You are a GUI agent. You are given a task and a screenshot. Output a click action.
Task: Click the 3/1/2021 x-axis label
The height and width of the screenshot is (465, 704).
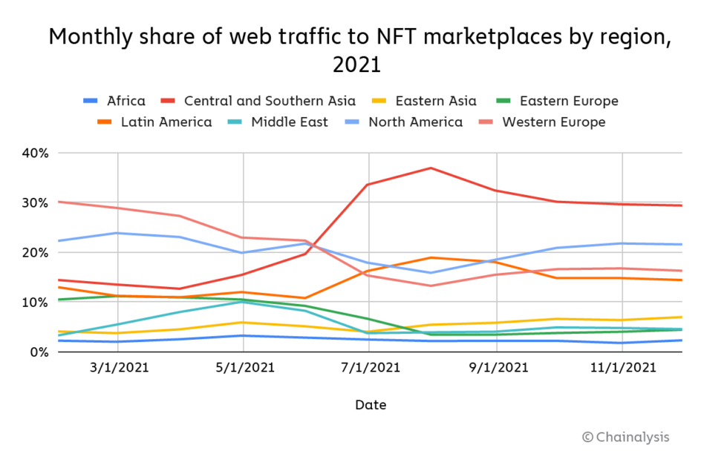tap(118, 367)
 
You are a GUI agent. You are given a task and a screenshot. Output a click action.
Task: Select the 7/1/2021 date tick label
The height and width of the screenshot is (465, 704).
tap(370, 367)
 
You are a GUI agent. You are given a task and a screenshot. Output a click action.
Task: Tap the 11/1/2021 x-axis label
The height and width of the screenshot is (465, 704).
tap(622, 367)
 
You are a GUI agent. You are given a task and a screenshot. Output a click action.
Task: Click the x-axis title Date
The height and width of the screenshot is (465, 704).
tap(370, 405)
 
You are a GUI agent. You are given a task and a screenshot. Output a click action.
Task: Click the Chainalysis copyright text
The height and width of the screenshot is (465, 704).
tap(625, 437)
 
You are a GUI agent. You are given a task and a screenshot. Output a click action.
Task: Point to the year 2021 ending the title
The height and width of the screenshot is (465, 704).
tap(356, 65)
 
